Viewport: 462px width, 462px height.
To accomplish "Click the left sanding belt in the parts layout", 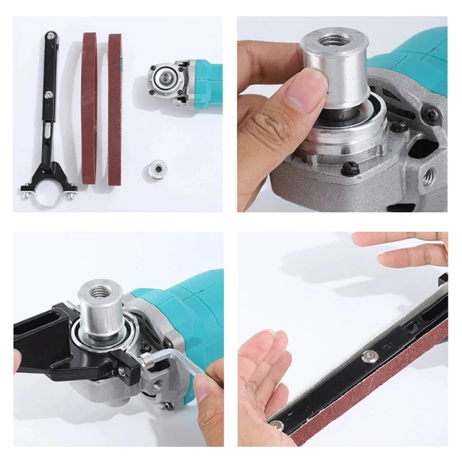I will [89, 109].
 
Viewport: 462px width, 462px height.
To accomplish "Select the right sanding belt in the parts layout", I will [115, 109].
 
